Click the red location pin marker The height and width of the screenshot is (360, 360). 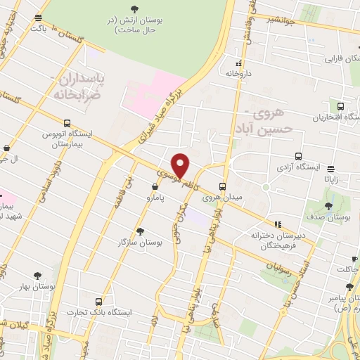pos(181,165)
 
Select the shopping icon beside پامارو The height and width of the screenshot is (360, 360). pos(154,186)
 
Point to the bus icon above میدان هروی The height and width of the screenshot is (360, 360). pos(222,186)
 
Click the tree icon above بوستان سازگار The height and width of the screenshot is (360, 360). pos(140,231)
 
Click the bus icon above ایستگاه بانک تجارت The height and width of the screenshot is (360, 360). pos(107,300)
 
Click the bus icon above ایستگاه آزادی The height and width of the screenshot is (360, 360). pos(298,156)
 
